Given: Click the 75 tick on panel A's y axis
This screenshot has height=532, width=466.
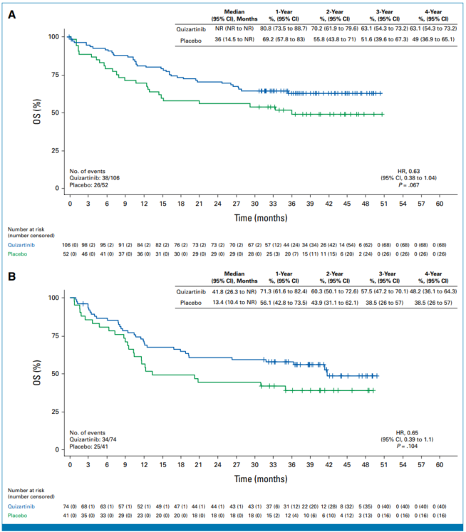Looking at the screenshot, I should [54, 75].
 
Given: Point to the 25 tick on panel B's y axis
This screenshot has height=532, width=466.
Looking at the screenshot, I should [54, 412].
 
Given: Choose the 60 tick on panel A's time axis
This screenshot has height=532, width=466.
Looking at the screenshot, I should [440, 204].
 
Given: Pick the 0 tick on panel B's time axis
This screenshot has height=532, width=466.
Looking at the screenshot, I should [70, 464].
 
